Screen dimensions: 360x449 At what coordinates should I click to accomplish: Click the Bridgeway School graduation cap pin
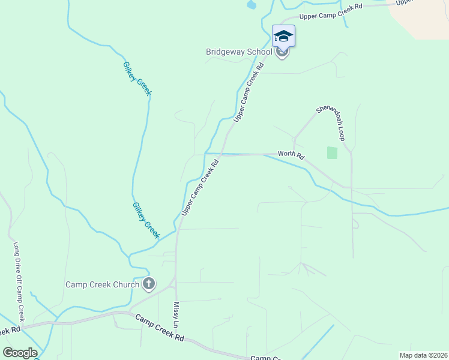coord(283,36)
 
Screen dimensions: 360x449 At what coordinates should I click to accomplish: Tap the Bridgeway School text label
coord(239,52)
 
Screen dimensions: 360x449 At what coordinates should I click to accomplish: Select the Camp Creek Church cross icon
coord(149,284)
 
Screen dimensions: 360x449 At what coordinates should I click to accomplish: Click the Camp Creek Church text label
coord(102,284)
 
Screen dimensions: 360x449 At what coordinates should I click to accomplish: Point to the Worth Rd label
coord(292,155)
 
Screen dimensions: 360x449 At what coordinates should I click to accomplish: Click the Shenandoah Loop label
coord(331,122)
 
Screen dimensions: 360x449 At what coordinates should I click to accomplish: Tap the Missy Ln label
coord(177,315)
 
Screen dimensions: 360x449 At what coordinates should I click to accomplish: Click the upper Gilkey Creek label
coord(137,79)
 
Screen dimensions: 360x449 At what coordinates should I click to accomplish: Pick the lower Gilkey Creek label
coord(146,220)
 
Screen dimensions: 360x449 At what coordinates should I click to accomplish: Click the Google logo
coord(20,353)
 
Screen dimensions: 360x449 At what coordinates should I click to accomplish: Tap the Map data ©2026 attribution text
coord(423,355)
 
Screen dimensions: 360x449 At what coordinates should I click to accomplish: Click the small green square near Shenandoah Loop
coord(332,153)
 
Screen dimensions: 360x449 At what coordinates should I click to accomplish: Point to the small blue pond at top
coord(251,5)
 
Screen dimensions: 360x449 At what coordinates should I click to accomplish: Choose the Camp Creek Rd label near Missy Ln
coord(159,328)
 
